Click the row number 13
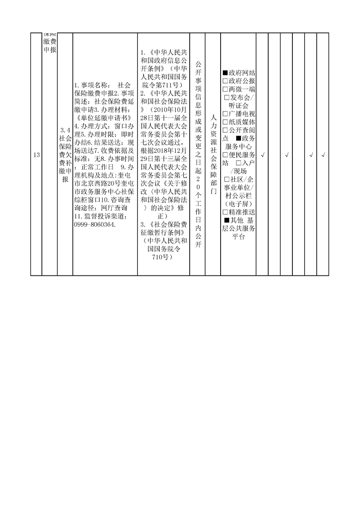[36, 155]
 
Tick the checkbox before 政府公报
[225, 81]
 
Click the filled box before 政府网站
[225, 73]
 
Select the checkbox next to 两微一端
[225, 89]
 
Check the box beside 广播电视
[225, 114]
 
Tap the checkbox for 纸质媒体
[225, 122]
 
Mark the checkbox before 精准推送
[225, 212]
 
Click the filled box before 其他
[227, 220]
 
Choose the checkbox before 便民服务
[225, 155]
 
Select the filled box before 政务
[238, 139]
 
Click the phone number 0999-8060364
[95, 225]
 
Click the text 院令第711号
[161, 85]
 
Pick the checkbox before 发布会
[227, 98]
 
